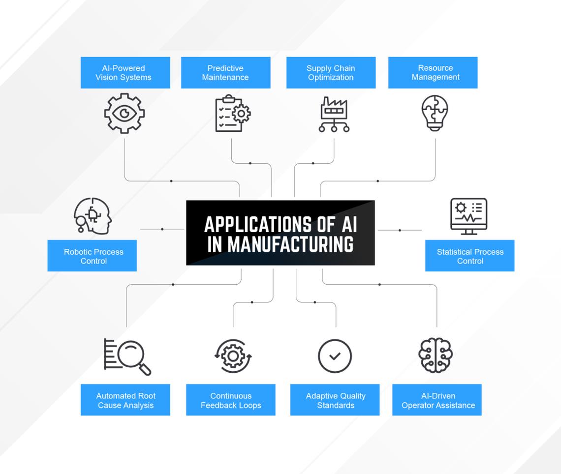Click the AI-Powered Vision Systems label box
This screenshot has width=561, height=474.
[x=125, y=73]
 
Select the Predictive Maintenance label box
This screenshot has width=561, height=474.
[x=225, y=73]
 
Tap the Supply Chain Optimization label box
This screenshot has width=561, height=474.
[x=331, y=73]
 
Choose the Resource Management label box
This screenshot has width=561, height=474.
[x=433, y=73]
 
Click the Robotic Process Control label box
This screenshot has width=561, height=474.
[x=92, y=256]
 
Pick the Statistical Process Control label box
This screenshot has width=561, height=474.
[x=469, y=256]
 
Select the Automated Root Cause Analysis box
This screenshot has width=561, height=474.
[x=125, y=400]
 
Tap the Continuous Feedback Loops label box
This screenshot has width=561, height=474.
[x=230, y=400]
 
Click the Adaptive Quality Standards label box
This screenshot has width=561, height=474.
[x=335, y=400]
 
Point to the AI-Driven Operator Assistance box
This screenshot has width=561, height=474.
[x=436, y=400]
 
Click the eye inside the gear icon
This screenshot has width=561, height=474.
[x=125, y=114]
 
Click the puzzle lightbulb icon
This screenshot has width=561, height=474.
[x=435, y=113]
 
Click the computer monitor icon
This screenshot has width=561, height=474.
[x=468, y=216]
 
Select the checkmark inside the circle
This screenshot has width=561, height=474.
[x=335, y=356]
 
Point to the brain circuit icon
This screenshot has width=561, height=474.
[x=436, y=355]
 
